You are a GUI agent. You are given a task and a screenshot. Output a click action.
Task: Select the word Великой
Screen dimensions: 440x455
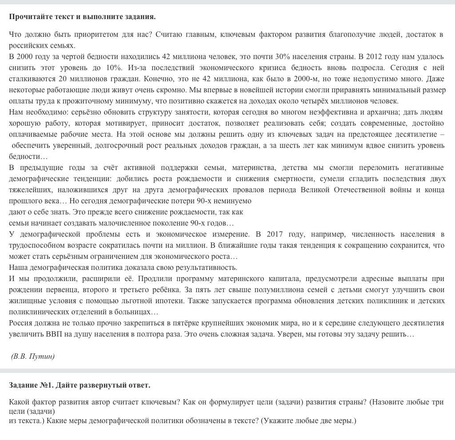(315, 190)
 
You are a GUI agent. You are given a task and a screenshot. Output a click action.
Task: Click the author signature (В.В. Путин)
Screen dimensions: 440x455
(33, 356)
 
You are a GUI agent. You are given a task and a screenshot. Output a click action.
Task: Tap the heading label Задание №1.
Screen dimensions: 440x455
(30, 385)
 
